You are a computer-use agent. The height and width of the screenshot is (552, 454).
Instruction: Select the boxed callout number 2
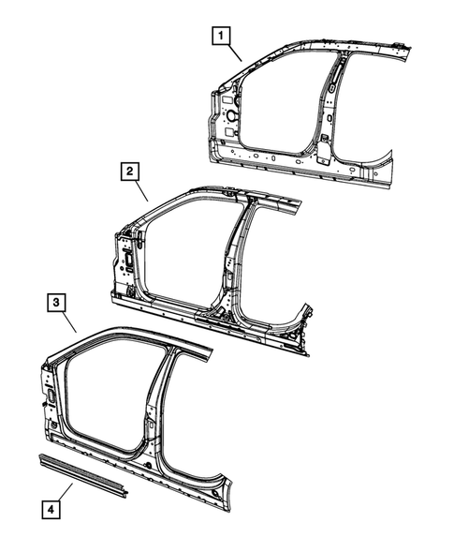(129, 172)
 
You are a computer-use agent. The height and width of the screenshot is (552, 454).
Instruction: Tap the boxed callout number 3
(57, 302)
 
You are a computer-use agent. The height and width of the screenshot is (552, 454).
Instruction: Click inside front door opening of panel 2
(183, 253)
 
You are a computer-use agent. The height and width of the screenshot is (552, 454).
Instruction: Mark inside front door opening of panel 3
(103, 394)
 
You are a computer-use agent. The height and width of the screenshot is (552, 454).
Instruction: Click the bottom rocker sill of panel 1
(281, 164)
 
